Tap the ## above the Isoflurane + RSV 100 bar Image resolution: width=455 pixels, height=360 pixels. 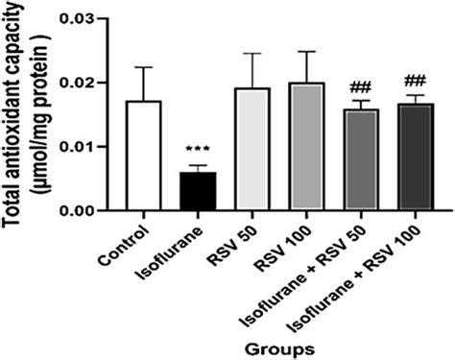click(x=416, y=81)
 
